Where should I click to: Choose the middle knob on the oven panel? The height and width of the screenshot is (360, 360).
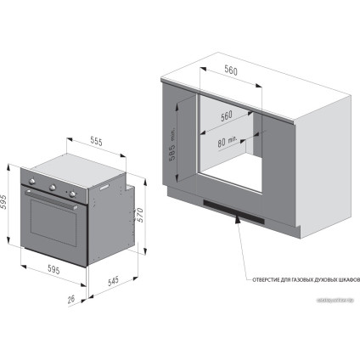53,188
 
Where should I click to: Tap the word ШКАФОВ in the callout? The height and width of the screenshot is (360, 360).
348,278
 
